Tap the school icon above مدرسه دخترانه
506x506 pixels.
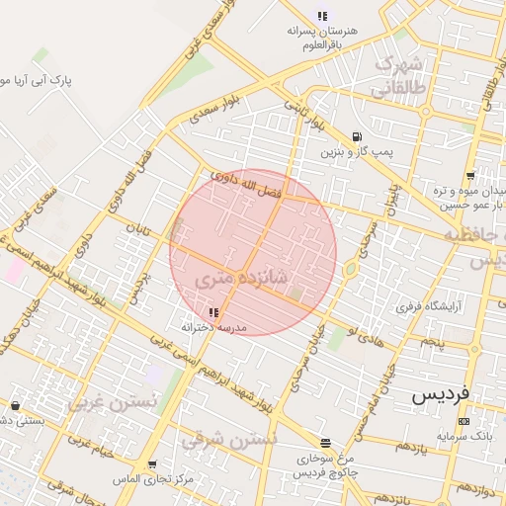coord(214,311)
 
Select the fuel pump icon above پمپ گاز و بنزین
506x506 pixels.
coord(356,137)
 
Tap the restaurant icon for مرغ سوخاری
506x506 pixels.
coord(325,443)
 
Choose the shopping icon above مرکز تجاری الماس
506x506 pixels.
coord(151,463)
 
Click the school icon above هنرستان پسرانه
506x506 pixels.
coord(322,16)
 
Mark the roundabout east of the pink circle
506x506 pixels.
coord(350,268)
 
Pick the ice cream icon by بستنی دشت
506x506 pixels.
coord(14,405)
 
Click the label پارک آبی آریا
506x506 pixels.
coord(40,78)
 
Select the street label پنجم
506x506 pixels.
coord(432,341)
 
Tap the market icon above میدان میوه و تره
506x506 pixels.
coord(470,175)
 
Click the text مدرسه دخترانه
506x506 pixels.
coord(213,326)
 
